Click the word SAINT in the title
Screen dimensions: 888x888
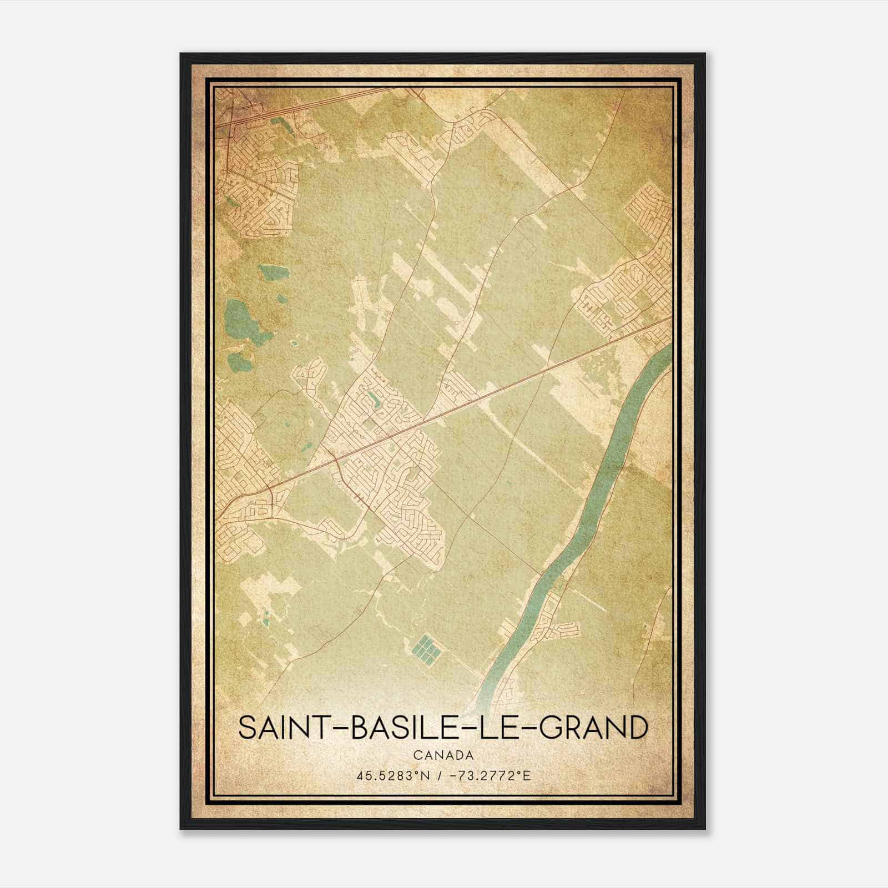click(283, 728)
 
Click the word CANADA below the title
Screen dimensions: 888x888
click(443, 755)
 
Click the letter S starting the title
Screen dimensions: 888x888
click(247, 728)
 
